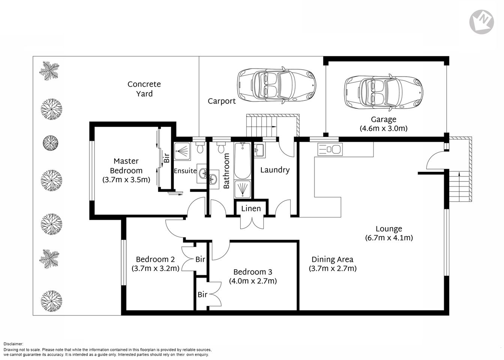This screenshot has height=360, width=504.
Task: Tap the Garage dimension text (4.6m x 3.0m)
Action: (383, 128)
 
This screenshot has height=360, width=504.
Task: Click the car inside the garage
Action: (383, 92)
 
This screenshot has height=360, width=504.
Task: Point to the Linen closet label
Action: (251, 209)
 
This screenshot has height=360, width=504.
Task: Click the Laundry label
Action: (275, 170)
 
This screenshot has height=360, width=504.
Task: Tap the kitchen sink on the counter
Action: (330, 149)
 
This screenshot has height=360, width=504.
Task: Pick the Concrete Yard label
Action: (144, 89)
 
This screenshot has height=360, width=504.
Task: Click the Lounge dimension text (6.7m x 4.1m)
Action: (389, 238)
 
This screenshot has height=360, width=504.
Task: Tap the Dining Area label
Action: (332, 259)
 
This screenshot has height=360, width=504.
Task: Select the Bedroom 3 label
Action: (253, 272)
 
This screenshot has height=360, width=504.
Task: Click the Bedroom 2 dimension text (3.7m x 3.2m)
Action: (155, 268)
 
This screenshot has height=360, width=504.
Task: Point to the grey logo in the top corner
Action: (481, 22)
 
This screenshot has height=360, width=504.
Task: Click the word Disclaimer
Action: (13, 344)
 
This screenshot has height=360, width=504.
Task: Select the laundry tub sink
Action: (259, 151)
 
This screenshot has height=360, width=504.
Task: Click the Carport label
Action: (222, 101)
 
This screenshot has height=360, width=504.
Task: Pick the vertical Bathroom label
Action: (226, 171)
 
